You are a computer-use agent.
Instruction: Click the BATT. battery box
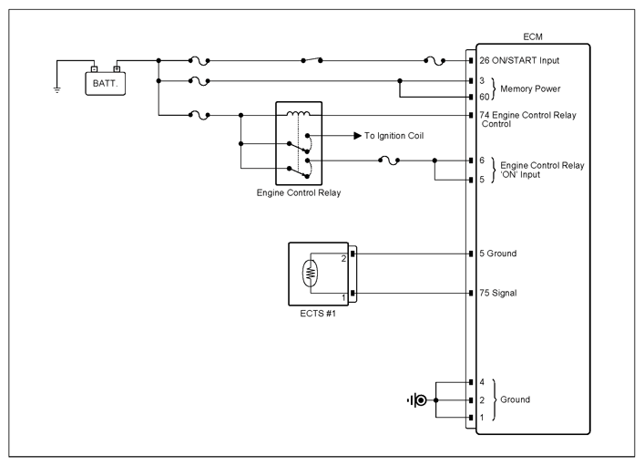pyautogui.click(x=105, y=84)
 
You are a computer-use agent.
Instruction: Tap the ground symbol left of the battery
pyautogui.click(x=57, y=90)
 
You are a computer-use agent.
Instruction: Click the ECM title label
pyautogui.click(x=533, y=37)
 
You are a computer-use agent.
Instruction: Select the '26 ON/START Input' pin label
pyautogui.click(x=519, y=60)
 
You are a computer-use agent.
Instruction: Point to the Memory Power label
pyautogui.click(x=530, y=88)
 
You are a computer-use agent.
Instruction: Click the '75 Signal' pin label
pyautogui.click(x=497, y=293)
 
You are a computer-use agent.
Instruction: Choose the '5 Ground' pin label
pyautogui.click(x=497, y=254)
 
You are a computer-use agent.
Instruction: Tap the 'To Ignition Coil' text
pyautogui.click(x=394, y=136)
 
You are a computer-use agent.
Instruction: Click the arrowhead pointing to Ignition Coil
pyautogui.click(x=357, y=136)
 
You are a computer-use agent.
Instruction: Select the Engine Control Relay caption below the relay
pyautogui.click(x=299, y=193)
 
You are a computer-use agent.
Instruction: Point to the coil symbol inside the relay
pyautogui.click(x=299, y=113)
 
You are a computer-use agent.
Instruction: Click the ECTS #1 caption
pyautogui.click(x=318, y=314)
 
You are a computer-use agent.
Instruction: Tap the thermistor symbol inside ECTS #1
pyautogui.click(x=311, y=273)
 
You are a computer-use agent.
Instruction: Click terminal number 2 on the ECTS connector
pyautogui.click(x=343, y=259)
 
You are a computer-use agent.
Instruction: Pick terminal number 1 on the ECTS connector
pyautogui.click(x=343, y=297)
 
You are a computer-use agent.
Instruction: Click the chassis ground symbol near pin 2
pyautogui.click(x=417, y=400)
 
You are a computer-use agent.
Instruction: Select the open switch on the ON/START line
pyautogui.click(x=312, y=59)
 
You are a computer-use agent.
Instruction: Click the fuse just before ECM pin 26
pyautogui.click(x=434, y=61)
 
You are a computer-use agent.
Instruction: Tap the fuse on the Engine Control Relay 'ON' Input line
pyautogui.click(x=389, y=161)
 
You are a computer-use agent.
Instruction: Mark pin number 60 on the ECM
pyautogui.click(x=485, y=97)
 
